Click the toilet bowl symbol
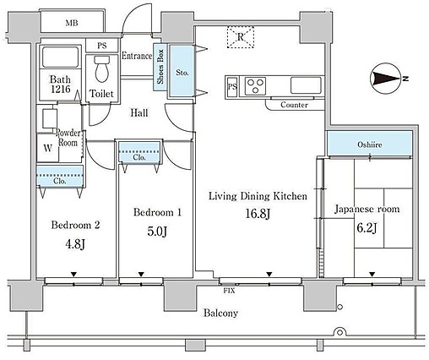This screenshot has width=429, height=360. pyautogui.click(x=101, y=68)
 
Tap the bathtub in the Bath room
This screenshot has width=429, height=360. pyautogui.click(x=60, y=57)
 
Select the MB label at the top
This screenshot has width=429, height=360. pyautogui.click(x=72, y=23)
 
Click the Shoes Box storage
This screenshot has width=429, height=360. pyautogui.click(x=160, y=67)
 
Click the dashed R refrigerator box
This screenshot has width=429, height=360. pyautogui.click(x=241, y=37)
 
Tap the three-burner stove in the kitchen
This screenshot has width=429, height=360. pyautogui.click(x=255, y=85)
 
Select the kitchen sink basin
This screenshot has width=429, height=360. pyautogui.click(x=306, y=85)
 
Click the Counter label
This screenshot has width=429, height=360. pyautogui.click(x=294, y=105)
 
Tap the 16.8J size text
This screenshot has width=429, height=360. pyautogui.click(x=258, y=214)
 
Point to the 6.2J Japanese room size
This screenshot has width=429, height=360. pyautogui.click(x=367, y=228)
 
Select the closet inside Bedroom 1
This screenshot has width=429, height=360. pyautogui.click(x=139, y=152)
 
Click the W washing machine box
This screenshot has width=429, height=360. pyautogui.click(x=47, y=148)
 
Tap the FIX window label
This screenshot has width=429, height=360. pyautogui.click(x=229, y=291)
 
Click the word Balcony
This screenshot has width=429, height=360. pyautogui.click(x=220, y=313)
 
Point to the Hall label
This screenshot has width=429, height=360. pyautogui.click(x=139, y=112)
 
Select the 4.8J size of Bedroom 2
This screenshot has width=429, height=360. pyautogui.click(x=75, y=244)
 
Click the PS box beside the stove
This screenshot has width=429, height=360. pyautogui.click(x=232, y=86)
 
